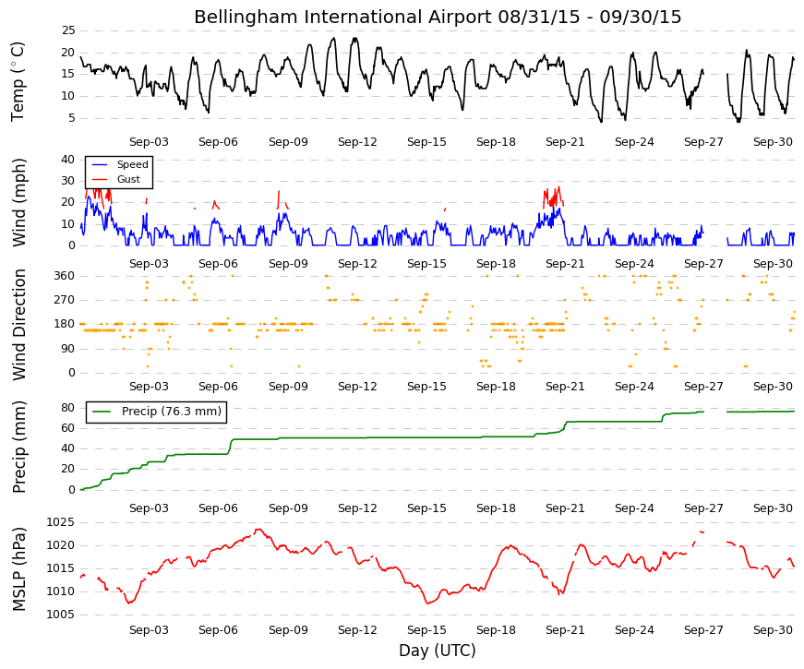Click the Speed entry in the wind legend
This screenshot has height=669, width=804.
pyautogui.click(x=132, y=164)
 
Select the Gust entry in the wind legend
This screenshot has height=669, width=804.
pyautogui.click(x=128, y=179)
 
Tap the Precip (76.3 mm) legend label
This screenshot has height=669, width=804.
pyautogui.click(x=172, y=412)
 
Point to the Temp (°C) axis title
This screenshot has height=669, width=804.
pyautogui.click(x=18, y=81)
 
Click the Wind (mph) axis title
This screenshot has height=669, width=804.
pyautogui.click(x=18, y=202)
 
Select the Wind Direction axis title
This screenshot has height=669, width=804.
pyautogui.click(x=18, y=325)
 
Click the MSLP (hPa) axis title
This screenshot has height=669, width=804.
pyautogui.click(x=18, y=569)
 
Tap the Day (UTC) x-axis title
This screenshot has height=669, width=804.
pyautogui.click(x=438, y=651)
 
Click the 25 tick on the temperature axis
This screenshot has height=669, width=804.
pyautogui.click(x=68, y=30)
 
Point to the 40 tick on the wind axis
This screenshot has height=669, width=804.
pyautogui.click(x=68, y=160)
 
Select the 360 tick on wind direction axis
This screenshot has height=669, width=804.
pyautogui.click(x=65, y=276)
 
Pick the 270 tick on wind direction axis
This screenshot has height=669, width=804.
pyautogui.click(x=65, y=300)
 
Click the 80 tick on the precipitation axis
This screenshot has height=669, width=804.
pyautogui.click(x=68, y=408)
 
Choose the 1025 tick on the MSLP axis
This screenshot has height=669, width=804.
pyautogui.click(x=61, y=523)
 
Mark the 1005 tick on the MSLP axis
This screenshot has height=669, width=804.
pyautogui.click(x=61, y=615)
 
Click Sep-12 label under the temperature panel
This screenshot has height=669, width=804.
pyautogui.click(x=357, y=142)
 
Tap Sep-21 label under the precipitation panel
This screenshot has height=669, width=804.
pyautogui.click(x=565, y=508)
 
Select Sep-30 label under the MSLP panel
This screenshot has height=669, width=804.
pyautogui.click(x=773, y=630)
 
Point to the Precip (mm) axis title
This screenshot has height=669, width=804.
pyautogui.click(x=18, y=447)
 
